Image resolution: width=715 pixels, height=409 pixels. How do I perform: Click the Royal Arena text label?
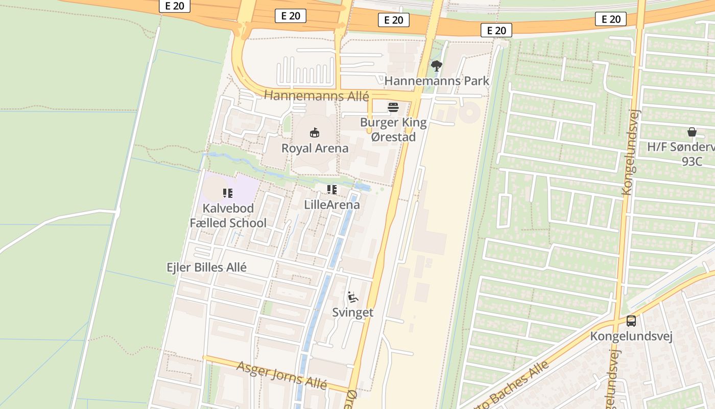(x=315, y=148)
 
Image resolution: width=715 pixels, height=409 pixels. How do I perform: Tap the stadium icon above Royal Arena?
(x=315, y=133)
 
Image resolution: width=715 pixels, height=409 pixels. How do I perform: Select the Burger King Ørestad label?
(x=393, y=129)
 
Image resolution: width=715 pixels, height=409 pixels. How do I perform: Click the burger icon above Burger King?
(x=393, y=107)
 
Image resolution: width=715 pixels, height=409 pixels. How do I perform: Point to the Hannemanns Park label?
(x=437, y=81)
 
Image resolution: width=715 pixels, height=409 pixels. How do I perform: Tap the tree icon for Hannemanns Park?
(x=436, y=65)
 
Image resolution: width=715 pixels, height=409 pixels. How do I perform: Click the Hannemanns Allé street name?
(x=317, y=96)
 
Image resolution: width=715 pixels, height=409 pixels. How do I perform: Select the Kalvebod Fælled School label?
(x=228, y=216)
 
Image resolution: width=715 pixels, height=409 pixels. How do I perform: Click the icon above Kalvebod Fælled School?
(x=228, y=193)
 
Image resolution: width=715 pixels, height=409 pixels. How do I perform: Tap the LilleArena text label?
(x=332, y=204)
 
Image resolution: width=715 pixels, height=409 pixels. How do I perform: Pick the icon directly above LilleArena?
(x=332, y=190)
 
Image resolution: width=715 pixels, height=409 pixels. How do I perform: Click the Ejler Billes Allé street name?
(x=207, y=267)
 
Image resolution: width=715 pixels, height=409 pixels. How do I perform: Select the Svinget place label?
(x=352, y=312)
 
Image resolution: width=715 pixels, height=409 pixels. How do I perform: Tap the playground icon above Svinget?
(x=352, y=297)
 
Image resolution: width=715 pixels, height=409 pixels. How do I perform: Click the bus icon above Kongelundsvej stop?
(x=631, y=321)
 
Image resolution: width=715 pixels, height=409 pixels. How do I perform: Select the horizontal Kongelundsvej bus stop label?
(x=631, y=336)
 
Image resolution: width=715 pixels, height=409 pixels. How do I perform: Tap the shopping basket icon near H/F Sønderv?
(x=692, y=132)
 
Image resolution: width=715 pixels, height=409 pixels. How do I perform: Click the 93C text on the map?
(x=692, y=162)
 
